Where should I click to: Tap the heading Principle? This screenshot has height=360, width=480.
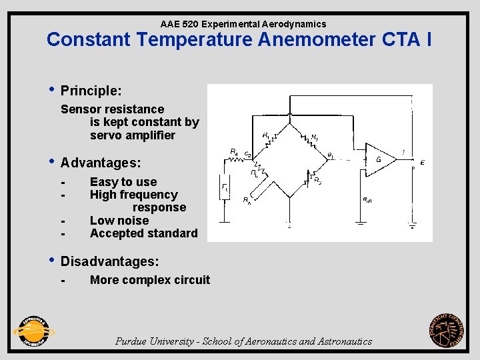[91, 90]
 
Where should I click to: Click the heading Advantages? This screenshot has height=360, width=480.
[100, 163]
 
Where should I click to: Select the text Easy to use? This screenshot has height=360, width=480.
[123, 182]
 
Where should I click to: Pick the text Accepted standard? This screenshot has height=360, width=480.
[143, 233]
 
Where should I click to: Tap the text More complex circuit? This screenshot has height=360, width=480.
[149, 280]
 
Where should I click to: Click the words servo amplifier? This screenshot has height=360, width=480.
[132, 135]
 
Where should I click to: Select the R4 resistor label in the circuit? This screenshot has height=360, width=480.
[233, 151]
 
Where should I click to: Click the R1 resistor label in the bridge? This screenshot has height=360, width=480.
[266, 135]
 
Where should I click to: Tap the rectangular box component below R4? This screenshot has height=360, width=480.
[225, 188]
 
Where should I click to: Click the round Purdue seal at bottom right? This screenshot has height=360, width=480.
[447, 330]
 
